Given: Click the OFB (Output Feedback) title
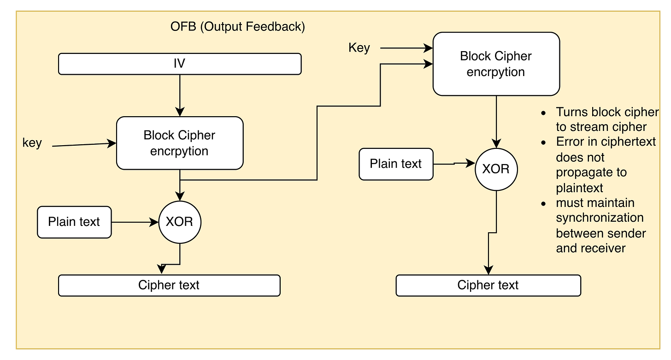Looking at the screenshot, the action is [237, 27].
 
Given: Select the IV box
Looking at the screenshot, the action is [180, 64].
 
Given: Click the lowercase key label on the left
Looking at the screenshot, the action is [32, 143].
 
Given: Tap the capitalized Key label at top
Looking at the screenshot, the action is [359, 47].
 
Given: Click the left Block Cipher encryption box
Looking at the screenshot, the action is [180, 143].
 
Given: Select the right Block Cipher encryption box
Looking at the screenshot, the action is [496, 64].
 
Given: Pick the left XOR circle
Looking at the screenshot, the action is [180, 222].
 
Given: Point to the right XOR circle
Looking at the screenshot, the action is [496, 169].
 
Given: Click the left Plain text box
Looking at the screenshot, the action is [74, 222].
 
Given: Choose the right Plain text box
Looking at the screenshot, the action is [396, 164].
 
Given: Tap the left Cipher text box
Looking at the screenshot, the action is [169, 285].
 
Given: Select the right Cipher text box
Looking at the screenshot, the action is [489, 285].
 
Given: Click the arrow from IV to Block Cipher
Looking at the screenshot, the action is [180, 95].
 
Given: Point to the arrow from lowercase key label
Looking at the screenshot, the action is [84, 145].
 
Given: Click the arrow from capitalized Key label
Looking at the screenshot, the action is [406, 48].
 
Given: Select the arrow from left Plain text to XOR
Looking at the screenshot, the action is [135, 222].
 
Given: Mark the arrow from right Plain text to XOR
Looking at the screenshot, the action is [454, 164].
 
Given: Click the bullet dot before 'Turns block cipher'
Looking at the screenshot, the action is [544, 113].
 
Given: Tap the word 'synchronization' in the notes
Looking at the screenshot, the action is [600, 218].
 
